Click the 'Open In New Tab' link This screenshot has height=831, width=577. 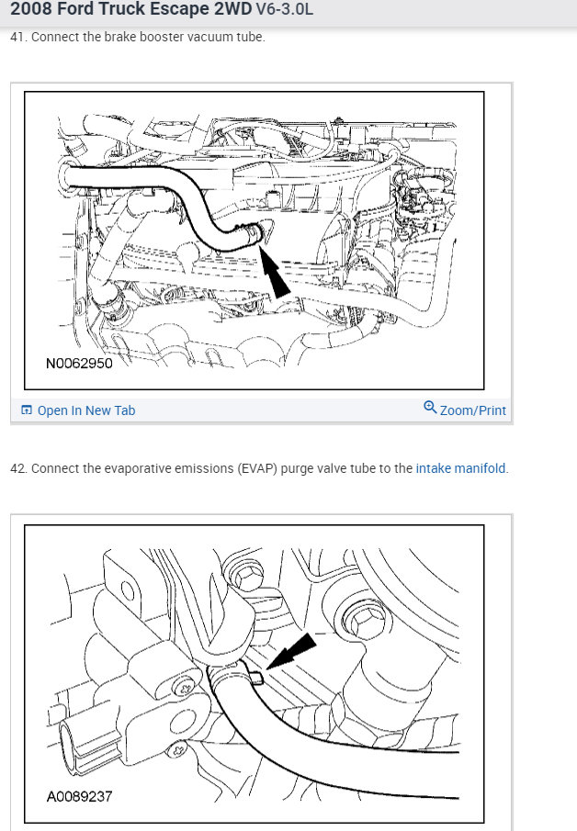pyautogui.click(x=86, y=410)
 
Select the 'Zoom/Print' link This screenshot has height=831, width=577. pyautogui.click(x=472, y=410)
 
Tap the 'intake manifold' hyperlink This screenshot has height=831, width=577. pyautogui.click(x=460, y=468)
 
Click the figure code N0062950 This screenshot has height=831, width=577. pyautogui.click(x=79, y=363)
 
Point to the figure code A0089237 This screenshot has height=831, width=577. pyautogui.click(x=79, y=796)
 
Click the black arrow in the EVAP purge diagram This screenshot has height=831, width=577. pyautogui.click(x=291, y=651)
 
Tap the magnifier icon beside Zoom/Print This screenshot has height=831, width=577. pyautogui.click(x=430, y=407)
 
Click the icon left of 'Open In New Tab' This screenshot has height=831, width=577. pyautogui.click(x=26, y=410)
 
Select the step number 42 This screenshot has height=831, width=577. pyautogui.click(x=18, y=468)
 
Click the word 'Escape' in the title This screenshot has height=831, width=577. pyautogui.click(x=179, y=9)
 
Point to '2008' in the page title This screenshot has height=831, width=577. pyautogui.click(x=31, y=9)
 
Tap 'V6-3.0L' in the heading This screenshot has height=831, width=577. pyautogui.click(x=285, y=9)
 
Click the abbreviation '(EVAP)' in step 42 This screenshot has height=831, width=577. pyautogui.click(x=257, y=468)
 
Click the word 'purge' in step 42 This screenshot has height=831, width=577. pyautogui.click(x=297, y=469)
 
